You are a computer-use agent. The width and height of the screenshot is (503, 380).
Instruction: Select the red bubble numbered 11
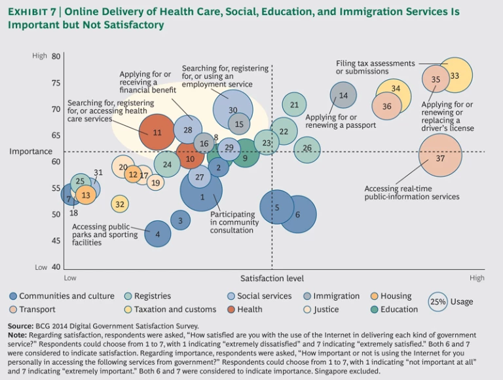pos(157,132)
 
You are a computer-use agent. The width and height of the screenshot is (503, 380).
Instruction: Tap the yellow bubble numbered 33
pos(455,75)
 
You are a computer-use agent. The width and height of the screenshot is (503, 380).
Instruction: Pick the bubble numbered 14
pos(343,96)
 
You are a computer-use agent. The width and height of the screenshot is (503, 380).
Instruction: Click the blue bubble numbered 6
pos(298,214)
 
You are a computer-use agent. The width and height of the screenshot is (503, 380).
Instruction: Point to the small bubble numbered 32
pos(119,204)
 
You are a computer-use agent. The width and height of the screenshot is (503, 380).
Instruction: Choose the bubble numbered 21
pos(294,104)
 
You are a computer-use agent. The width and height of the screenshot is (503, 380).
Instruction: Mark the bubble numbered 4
pos(157,233)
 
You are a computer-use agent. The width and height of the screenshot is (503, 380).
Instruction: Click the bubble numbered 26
pos(307,149)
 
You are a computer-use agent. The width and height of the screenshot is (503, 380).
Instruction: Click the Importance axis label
pos(31,151)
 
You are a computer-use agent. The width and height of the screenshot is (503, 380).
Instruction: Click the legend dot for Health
pos(232,309)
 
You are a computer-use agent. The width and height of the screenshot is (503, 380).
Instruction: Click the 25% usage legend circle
pos(438,302)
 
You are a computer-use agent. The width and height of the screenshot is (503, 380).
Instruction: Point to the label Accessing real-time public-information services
pos(411,193)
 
